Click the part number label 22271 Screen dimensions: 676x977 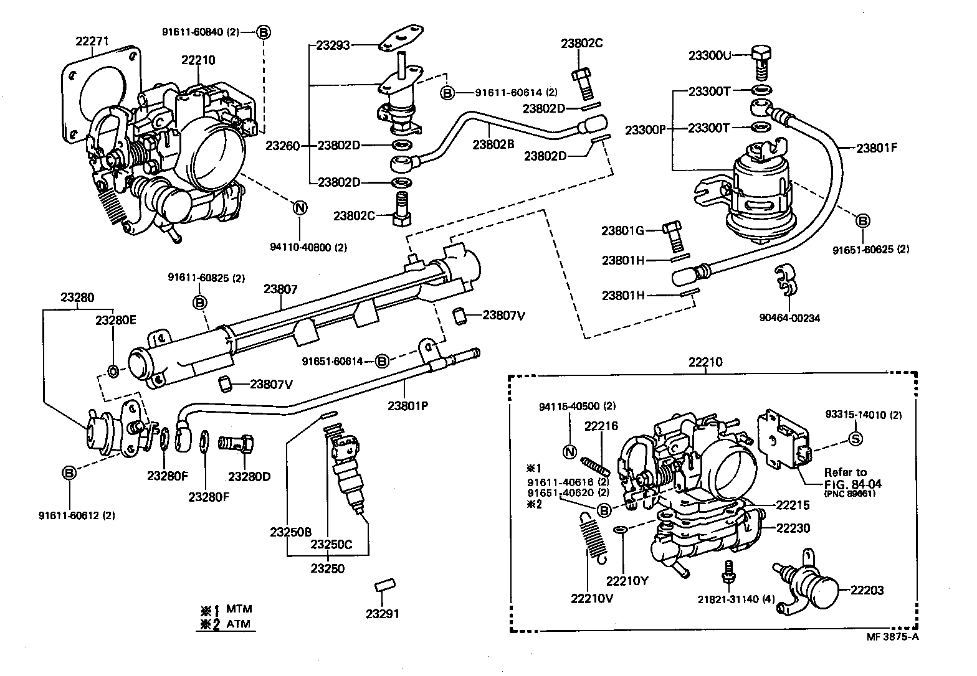[92, 42]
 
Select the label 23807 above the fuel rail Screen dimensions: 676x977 [280, 289]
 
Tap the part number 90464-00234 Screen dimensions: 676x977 [789, 317]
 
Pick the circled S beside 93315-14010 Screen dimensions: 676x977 [856, 439]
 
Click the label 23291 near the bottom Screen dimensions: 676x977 [382, 613]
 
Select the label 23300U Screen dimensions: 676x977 [709, 55]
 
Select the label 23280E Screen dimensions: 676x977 [115, 320]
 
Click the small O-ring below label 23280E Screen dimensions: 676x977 [113, 372]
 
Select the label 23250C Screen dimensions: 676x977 [331, 544]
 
